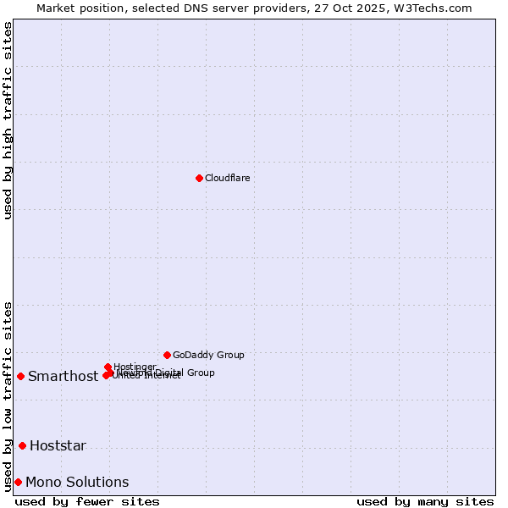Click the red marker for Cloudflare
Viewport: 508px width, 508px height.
tap(199, 178)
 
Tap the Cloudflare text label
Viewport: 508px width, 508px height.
tap(227, 178)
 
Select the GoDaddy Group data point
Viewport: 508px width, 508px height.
tap(167, 355)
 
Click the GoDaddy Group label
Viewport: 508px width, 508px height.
tap(208, 355)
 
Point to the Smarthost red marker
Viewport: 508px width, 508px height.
tap(20, 376)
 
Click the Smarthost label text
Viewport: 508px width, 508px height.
tap(63, 377)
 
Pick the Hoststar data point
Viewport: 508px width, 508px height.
tap(22, 445)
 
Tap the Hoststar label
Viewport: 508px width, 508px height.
tap(58, 446)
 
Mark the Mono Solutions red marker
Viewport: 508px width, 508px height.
tap(18, 482)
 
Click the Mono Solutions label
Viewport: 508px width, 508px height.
tap(77, 483)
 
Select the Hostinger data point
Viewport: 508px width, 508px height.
tap(108, 367)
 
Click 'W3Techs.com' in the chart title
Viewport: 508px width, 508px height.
tap(437, 8)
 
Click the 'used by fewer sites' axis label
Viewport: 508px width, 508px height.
tap(87, 501)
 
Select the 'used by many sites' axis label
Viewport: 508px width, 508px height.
tap(425, 501)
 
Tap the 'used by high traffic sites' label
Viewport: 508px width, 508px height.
tap(8, 120)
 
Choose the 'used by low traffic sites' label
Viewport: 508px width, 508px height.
tap(8, 395)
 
